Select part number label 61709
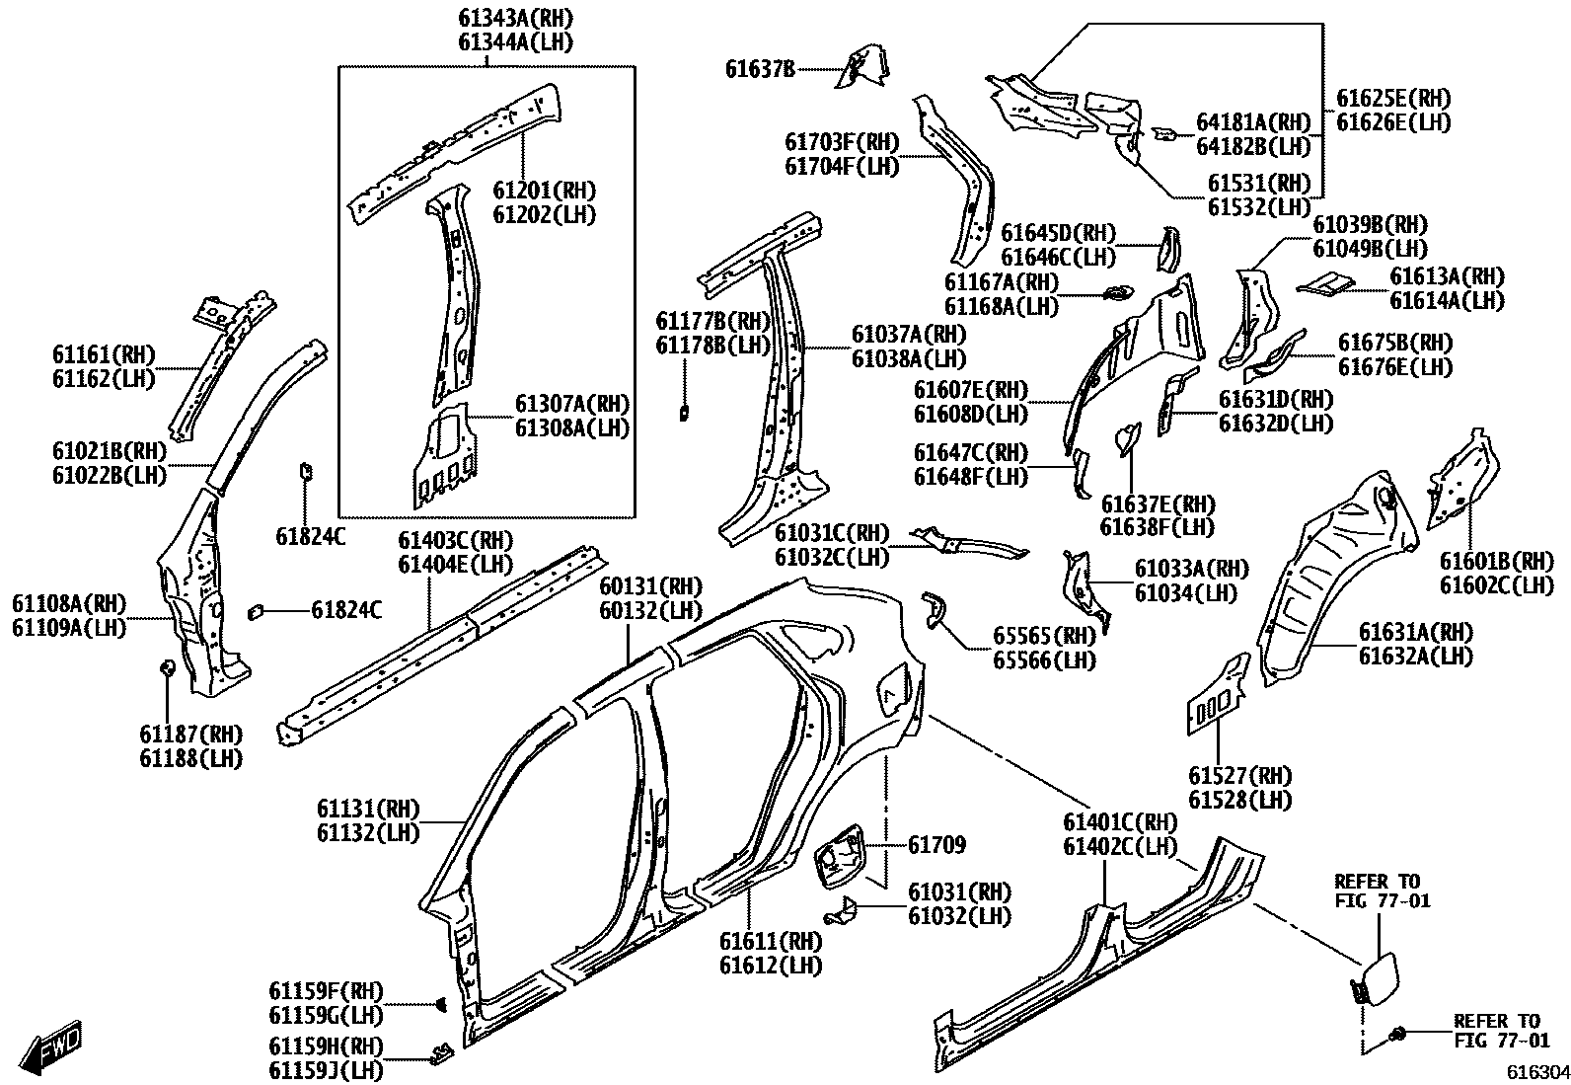(936, 845)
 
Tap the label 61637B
(760, 69)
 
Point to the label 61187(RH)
(190, 735)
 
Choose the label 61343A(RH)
(515, 18)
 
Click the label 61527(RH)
(1239, 776)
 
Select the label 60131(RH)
(650, 586)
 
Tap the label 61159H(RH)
(326, 1046)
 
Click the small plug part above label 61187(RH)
(167, 668)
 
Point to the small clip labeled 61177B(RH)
(683, 413)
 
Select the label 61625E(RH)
(1394, 98)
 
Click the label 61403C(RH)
(456, 540)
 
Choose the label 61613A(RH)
(1448, 276)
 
